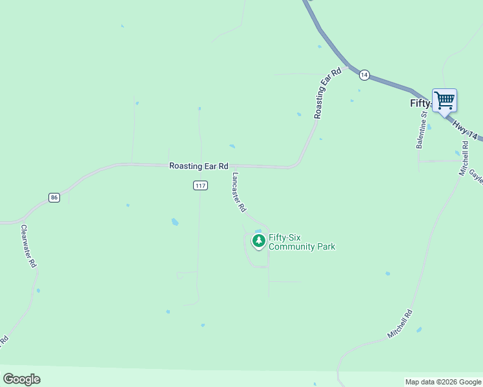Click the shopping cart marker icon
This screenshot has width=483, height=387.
pyautogui.click(x=444, y=101)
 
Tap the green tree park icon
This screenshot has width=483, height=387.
pyautogui.click(x=259, y=241)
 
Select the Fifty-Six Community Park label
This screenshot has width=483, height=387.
pyautogui.click(x=302, y=242)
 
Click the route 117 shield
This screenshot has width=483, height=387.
pyautogui.click(x=200, y=186)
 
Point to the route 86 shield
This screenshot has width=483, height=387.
pyautogui.click(x=54, y=197)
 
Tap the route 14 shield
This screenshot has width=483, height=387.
pyautogui.click(x=364, y=75)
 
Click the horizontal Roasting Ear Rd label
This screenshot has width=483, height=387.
pyautogui.click(x=199, y=166)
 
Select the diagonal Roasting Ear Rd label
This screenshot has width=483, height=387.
pyautogui.click(x=327, y=94)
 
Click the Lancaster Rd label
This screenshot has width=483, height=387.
pyautogui.click(x=239, y=192)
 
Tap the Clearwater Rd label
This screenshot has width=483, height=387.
pyautogui.click(x=29, y=246)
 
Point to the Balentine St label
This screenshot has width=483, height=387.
pyautogui.click(x=421, y=130)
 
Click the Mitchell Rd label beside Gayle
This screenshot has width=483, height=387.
pyautogui.click(x=464, y=159)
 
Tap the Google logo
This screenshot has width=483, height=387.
pyautogui.click(x=21, y=379)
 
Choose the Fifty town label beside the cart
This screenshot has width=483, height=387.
pyautogui.click(x=420, y=103)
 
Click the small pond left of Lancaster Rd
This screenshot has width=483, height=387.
pyautogui.click(x=175, y=223)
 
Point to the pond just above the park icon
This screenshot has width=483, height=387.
pyautogui.click(x=258, y=231)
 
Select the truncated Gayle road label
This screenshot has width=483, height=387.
pyautogui.click(x=476, y=176)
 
